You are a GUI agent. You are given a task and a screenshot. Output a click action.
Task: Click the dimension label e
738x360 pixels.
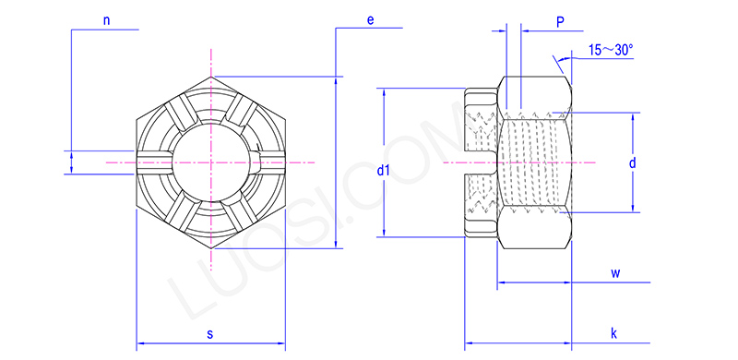[369, 18]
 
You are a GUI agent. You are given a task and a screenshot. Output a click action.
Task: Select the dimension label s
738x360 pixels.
[209, 333]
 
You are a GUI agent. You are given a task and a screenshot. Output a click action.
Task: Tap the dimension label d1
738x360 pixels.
[385, 172]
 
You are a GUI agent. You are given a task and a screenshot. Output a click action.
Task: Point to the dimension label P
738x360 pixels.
[560, 19]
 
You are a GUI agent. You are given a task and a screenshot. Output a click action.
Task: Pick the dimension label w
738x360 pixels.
[613, 272]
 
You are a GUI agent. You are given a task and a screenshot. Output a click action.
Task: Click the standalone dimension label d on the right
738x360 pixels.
[632, 162]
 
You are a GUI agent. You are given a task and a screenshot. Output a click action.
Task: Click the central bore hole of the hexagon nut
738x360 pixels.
[211, 162]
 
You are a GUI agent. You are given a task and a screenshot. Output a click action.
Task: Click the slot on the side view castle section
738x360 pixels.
[479, 163]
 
